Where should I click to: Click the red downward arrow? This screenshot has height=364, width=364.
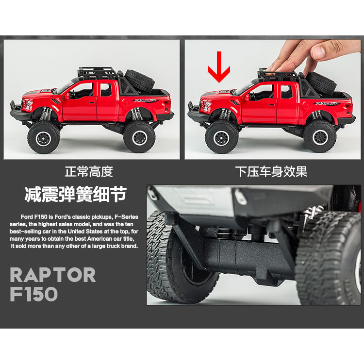(x=219, y=67)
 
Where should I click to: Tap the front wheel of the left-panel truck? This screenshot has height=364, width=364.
(x=44, y=137)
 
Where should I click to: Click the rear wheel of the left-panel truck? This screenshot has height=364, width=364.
(x=139, y=137)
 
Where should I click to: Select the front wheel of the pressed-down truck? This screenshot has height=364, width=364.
(x=222, y=137)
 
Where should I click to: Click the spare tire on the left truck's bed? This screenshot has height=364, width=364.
(x=140, y=80)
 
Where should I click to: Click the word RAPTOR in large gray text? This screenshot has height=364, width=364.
(x=53, y=275)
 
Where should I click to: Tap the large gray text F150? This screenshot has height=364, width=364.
(x=34, y=294)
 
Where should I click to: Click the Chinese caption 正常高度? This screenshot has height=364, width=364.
(x=89, y=172)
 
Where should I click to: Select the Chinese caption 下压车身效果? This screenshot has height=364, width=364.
(x=271, y=172)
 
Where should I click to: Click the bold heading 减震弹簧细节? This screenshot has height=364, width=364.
(x=75, y=194)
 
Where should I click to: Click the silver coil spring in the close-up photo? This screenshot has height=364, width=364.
(x=314, y=212)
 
